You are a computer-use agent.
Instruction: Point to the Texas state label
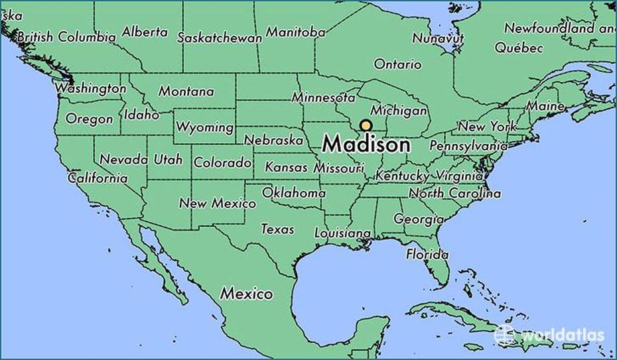pyautogui.click(x=277, y=229)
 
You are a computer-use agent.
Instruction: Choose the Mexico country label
pyautogui.click(x=247, y=292)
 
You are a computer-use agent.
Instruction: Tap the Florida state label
pyautogui.click(x=427, y=254)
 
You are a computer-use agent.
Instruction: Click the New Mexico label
pyautogui.click(x=217, y=204)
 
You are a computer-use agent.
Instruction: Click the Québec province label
pyautogui.click(x=519, y=48)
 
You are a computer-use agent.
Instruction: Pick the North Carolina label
pyautogui.click(x=454, y=194)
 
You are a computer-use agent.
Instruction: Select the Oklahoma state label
pyautogui.click(x=294, y=193)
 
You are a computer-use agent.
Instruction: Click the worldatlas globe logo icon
pyautogui.click(x=504, y=335)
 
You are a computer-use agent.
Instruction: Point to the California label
pyautogui.click(x=98, y=178)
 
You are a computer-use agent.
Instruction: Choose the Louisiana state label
pyautogui.click(x=342, y=233)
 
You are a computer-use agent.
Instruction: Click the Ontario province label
pyautogui.click(x=397, y=64)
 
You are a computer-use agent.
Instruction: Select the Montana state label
pyautogui.click(x=186, y=92)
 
